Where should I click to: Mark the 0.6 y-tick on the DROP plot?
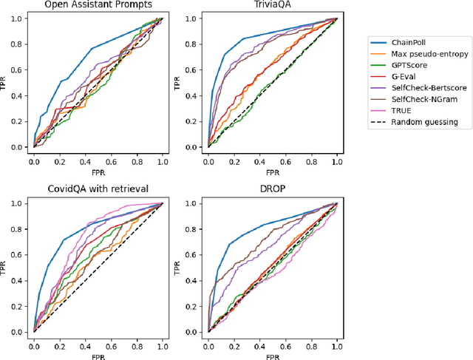coord(193,254)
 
